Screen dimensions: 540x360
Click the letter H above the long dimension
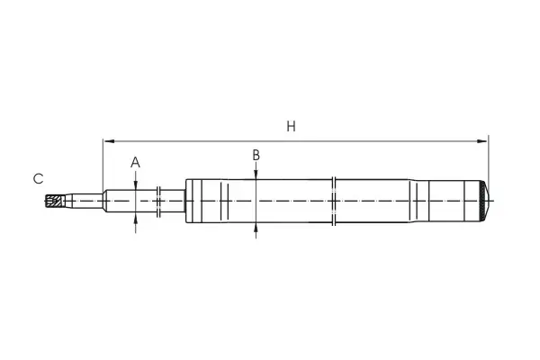pyautogui.click(x=291, y=126)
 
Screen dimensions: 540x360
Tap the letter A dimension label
pyautogui.click(x=135, y=162)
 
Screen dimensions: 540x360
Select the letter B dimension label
pyautogui.click(x=256, y=155)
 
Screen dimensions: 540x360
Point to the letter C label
pyautogui.click(x=38, y=178)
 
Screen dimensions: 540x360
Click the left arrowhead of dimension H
pyautogui.click(x=109, y=141)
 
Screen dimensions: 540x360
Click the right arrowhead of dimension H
pyautogui.click(x=482, y=141)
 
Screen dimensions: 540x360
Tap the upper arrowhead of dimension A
pyautogui.click(x=136, y=184)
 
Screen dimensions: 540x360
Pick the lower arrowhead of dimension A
pyautogui.click(x=136, y=218)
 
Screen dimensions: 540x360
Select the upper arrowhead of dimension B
pyautogui.click(x=256, y=174)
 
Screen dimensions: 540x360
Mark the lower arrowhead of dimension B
pyautogui.click(x=256, y=228)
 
